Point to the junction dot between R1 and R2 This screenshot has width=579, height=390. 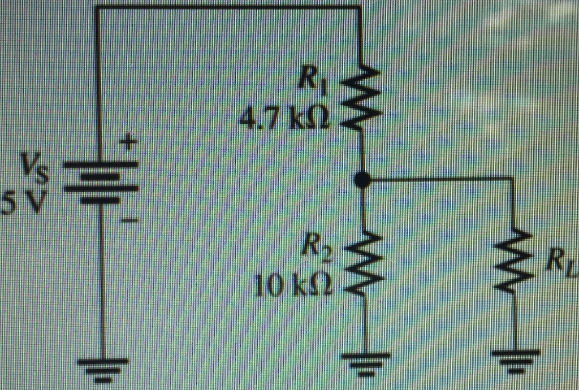point(362,180)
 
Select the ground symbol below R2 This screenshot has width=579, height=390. point(366,362)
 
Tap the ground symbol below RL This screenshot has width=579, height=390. point(515,359)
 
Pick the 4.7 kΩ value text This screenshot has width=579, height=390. point(285,119)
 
